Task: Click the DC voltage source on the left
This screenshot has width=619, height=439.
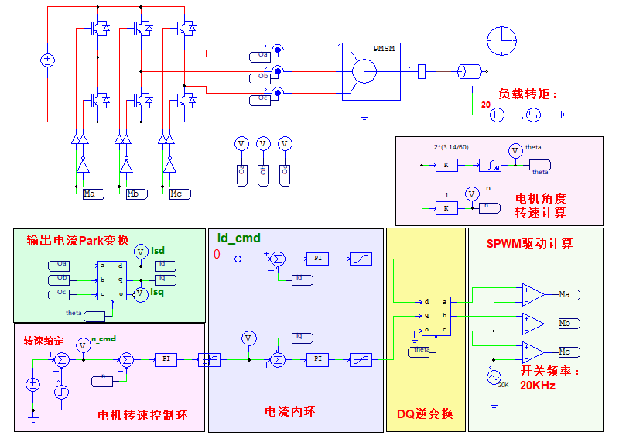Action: tap(46, 60)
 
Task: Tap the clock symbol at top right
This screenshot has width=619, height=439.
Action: tap(501, 40)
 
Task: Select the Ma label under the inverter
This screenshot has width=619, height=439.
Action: tap(93, 194)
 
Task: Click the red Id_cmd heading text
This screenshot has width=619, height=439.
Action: tap(238, 238)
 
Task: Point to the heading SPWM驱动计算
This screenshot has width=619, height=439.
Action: tap(530, 243)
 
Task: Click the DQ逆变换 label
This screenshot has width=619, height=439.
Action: tap(424, 414)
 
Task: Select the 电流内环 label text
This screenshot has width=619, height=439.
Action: tap(290, 411)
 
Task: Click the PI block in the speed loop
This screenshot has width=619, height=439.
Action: tap(166, 359)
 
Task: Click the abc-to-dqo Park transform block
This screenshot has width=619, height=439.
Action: tap(111, 280)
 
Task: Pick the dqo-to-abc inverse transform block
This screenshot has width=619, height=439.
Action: tap(436, 316)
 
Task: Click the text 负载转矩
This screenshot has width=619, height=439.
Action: tap(528, 94)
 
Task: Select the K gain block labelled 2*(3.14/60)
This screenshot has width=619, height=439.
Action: tap(446, 165)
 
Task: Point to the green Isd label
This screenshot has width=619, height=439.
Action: tap(158, 250)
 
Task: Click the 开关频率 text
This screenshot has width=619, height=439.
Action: tap(549, 372)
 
